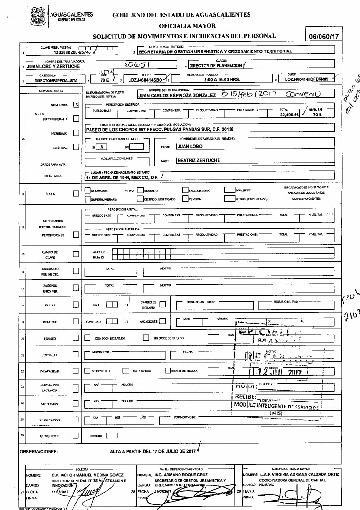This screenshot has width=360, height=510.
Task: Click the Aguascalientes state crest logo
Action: pos(38,17)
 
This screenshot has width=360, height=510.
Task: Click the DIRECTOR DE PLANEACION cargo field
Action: pos(216,66)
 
